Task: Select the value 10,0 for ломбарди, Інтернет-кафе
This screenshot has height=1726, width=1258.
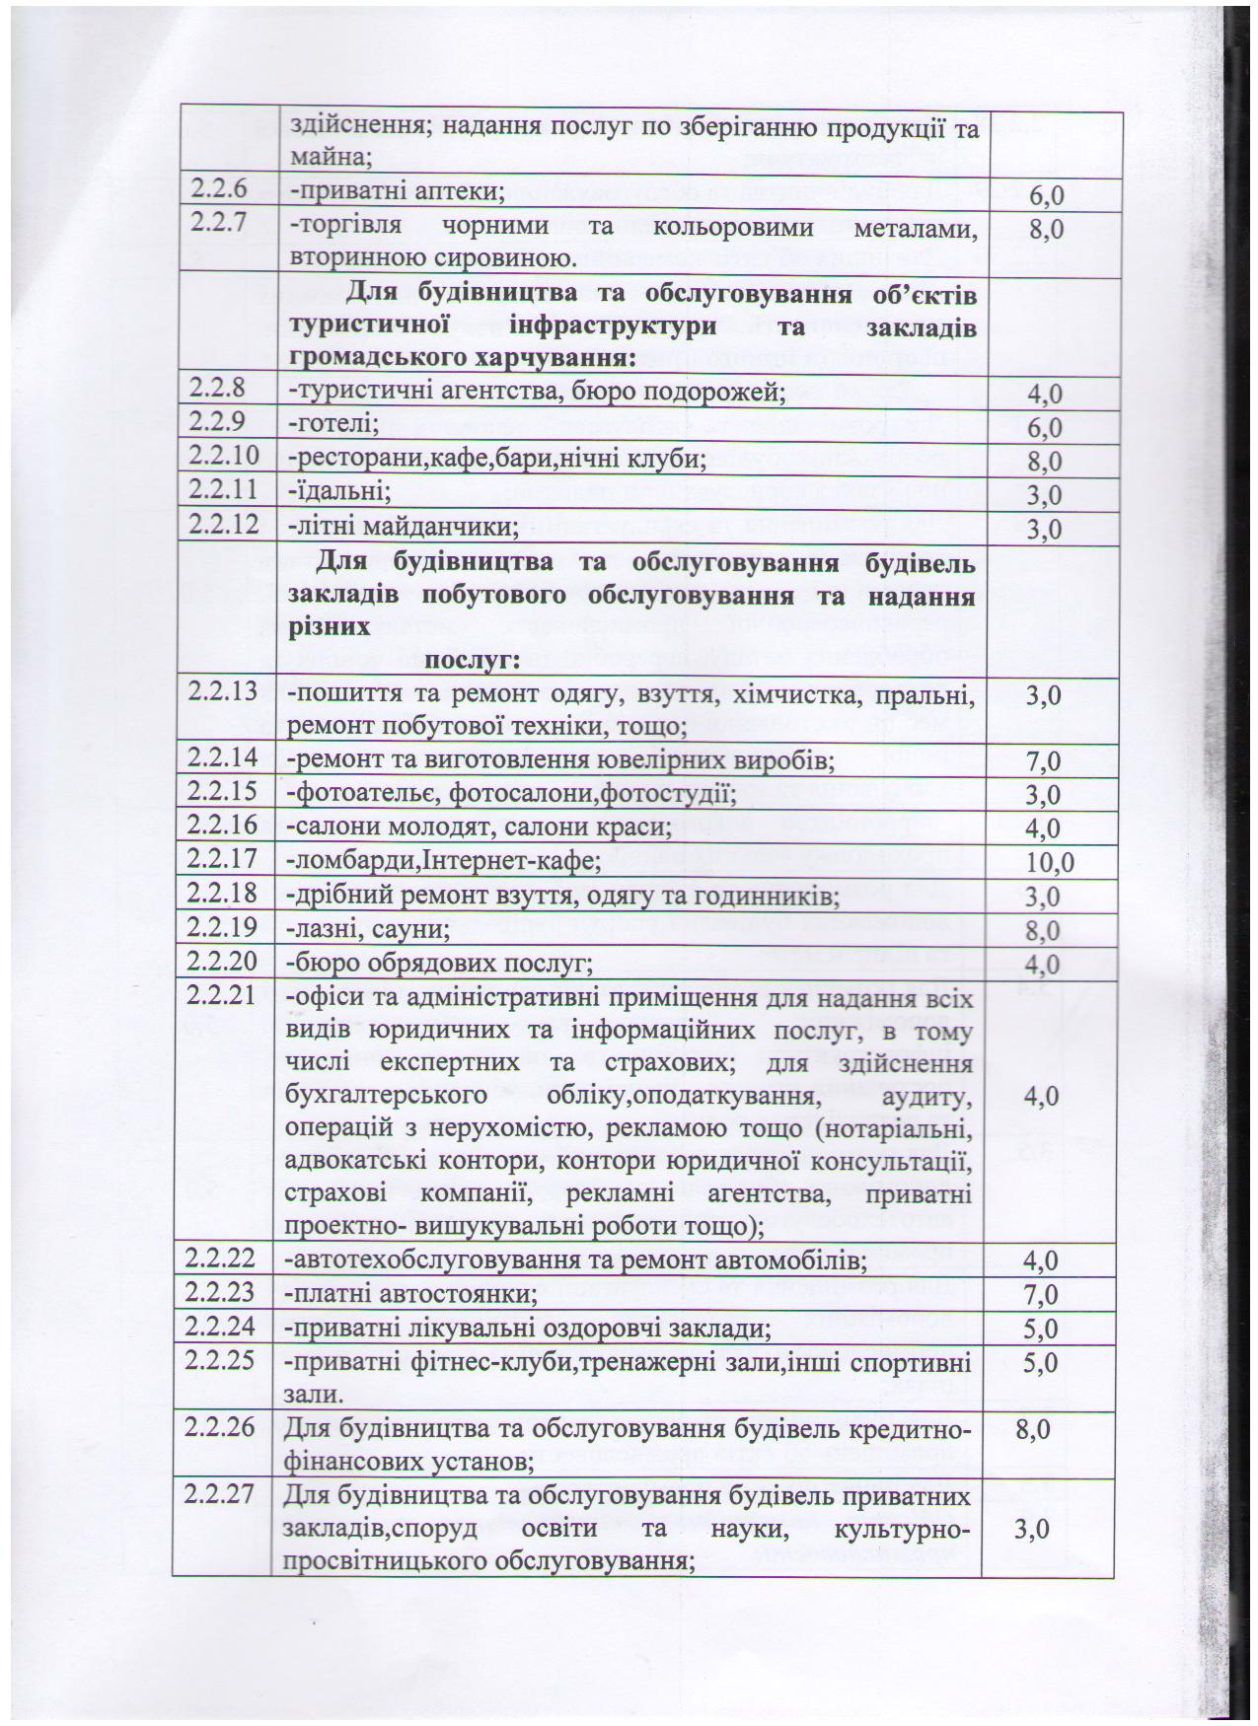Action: tap(1049, 864)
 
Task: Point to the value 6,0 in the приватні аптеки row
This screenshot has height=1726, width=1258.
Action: tap(1046, 196)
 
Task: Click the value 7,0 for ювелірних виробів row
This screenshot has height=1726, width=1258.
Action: tap(1043, 761)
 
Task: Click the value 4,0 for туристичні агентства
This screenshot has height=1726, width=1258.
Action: tap(1044, 395)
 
